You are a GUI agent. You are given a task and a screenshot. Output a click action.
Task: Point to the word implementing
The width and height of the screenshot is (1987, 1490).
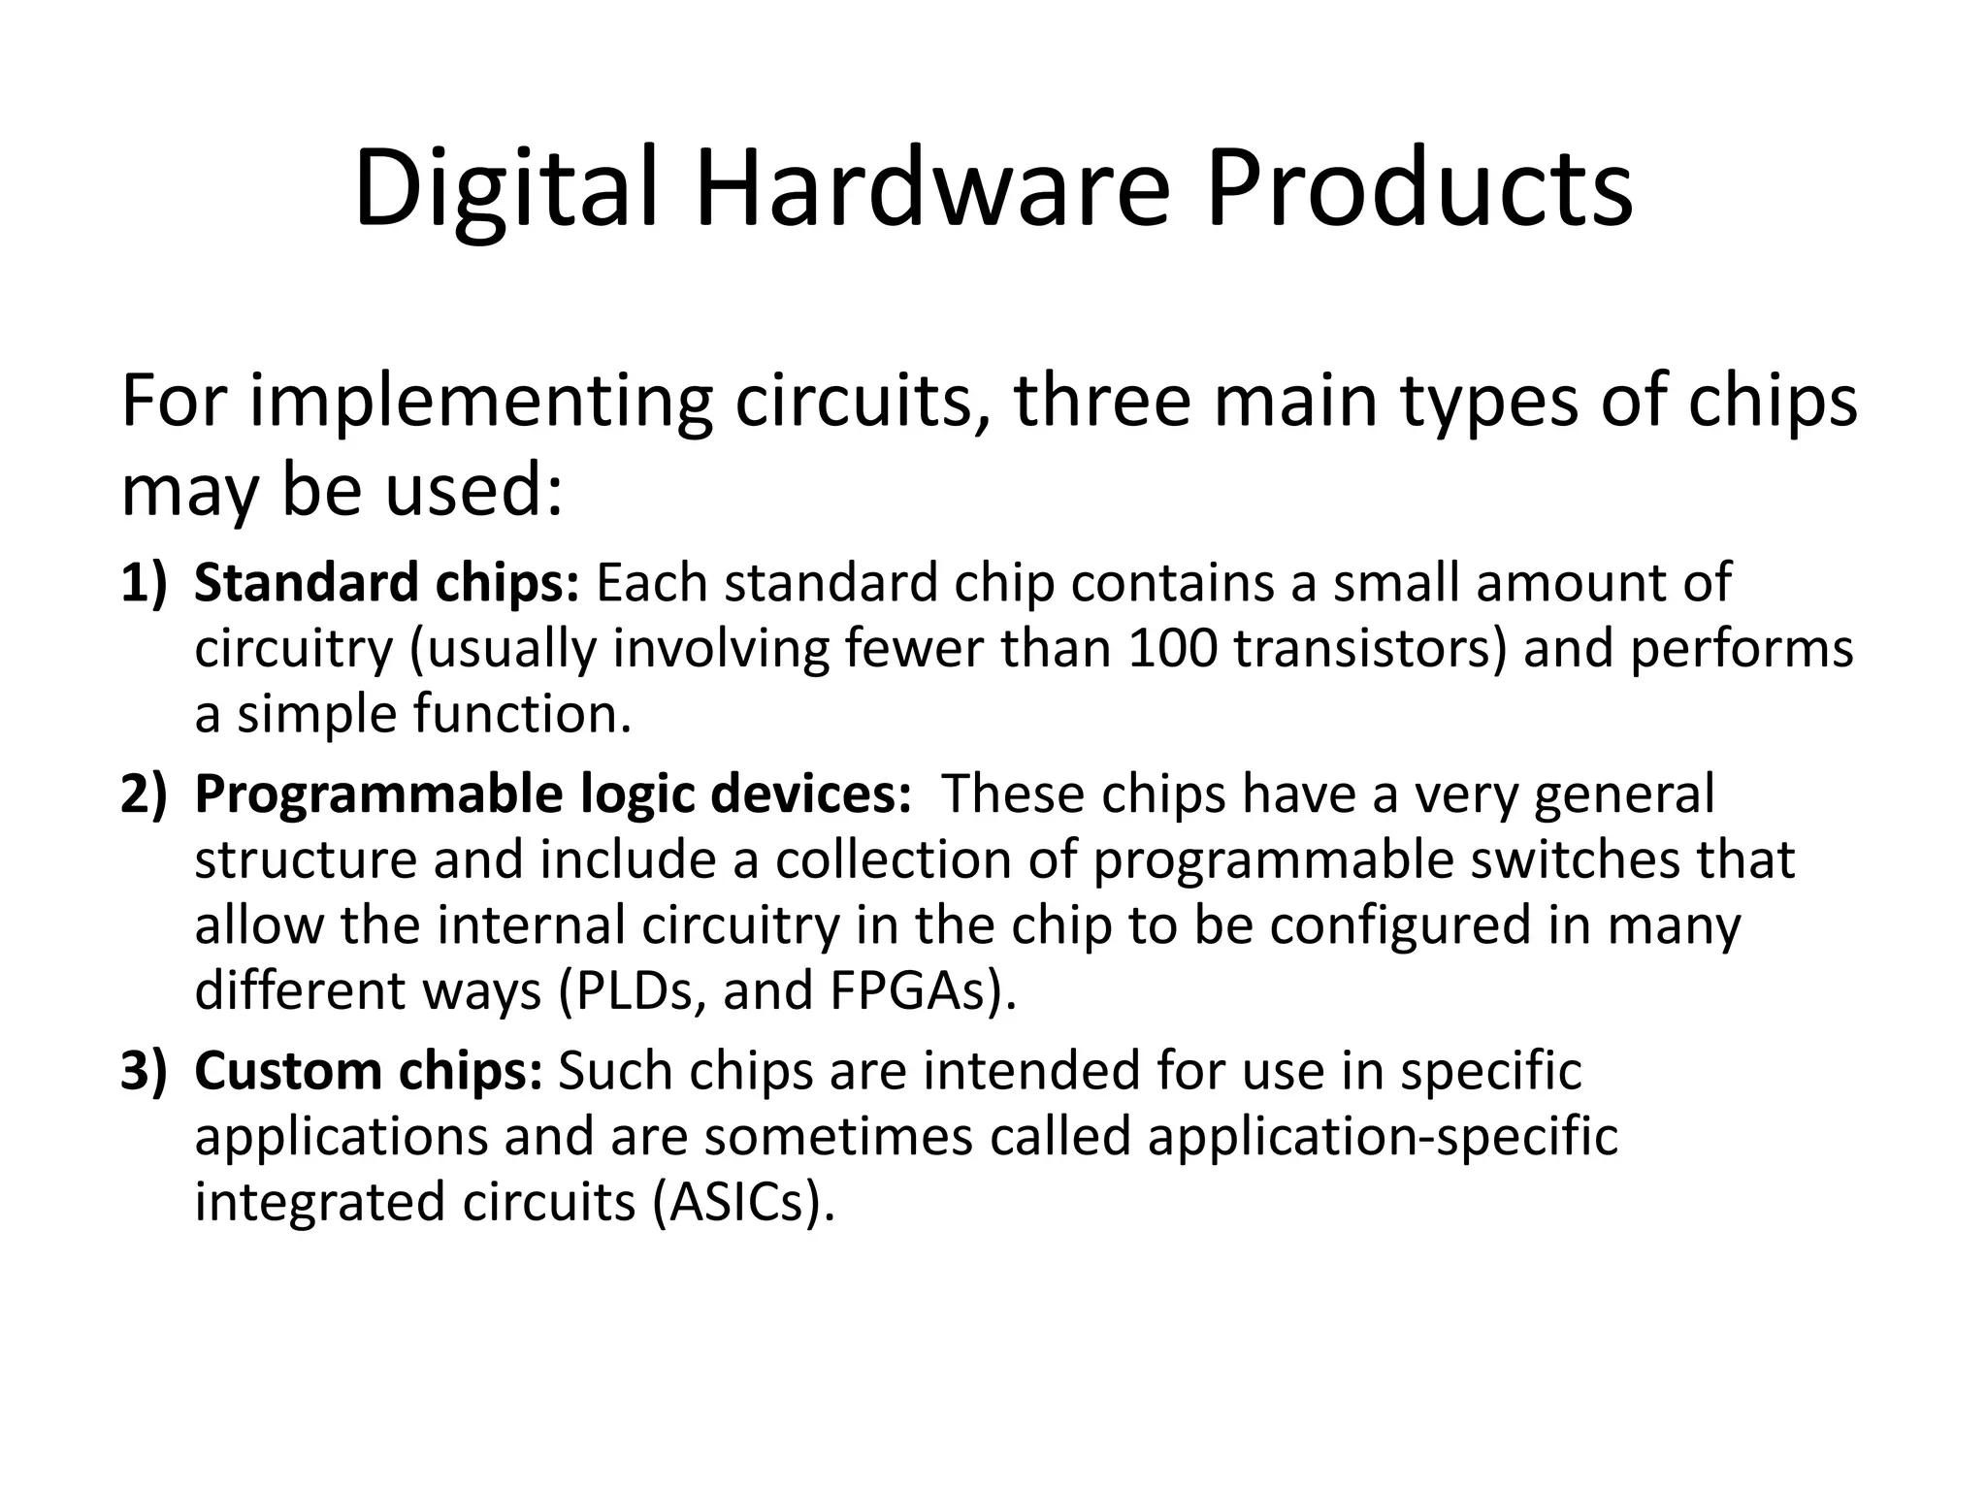pos(480,402)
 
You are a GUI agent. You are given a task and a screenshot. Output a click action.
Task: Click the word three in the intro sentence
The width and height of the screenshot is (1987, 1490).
pos(1102,402)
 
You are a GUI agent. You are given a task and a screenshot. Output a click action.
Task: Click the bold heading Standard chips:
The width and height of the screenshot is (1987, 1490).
pos(386,583)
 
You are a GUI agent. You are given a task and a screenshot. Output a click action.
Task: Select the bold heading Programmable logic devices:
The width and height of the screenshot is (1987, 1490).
pos(552,794)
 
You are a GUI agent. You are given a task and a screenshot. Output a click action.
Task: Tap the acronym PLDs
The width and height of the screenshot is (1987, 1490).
pos(640,990)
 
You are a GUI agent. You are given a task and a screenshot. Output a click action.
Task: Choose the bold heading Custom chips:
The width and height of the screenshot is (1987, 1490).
pos(368,1071)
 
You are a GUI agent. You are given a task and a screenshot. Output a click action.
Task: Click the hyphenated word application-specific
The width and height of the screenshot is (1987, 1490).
pos(1383,1136)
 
